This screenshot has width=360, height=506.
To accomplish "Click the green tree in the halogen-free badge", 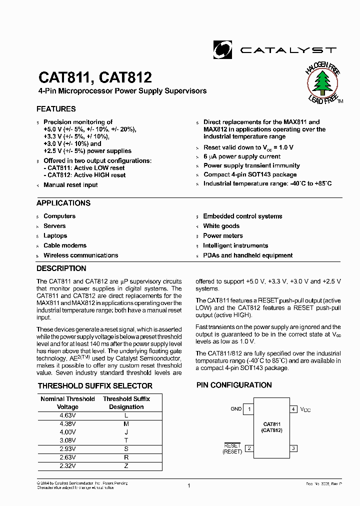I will pos(322,83).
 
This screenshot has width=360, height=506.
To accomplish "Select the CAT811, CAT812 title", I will pos(95,77).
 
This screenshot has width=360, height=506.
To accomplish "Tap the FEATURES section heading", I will pos(56,109).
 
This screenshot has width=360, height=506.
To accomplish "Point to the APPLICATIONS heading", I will pos(63,203).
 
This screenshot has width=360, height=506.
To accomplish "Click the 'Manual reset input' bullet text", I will pos(70,185).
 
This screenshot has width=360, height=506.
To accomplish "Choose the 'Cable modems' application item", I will pos(65,245).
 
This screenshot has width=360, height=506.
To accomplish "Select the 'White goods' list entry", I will pos(221,226).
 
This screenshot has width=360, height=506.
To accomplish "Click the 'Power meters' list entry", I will pos(223,236).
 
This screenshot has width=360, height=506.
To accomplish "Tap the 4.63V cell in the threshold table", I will pos(67,415).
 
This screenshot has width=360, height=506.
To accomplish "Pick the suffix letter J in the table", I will pos(126,432).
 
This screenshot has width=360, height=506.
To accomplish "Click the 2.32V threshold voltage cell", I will pos(67,465).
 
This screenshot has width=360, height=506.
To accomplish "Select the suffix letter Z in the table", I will pos(126,465).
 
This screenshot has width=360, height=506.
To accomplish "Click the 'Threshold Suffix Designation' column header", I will pos(126,403).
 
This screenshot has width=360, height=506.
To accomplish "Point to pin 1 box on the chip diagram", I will pos(249,409).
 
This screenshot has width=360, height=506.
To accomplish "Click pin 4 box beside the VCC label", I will pos(293,409).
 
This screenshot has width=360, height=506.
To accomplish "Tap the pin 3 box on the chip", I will pos(293,448).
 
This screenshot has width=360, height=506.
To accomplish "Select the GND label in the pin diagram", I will pos(236,409).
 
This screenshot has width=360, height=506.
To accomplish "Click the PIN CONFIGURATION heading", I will pos(234,385).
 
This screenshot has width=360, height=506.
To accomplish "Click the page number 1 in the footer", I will pos(189,485).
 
